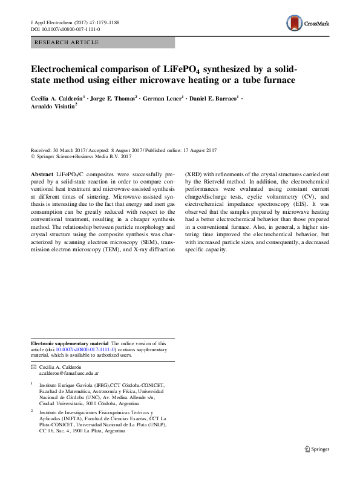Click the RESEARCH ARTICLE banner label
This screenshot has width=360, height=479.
[62, 43]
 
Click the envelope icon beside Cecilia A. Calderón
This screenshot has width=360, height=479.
[33, 368]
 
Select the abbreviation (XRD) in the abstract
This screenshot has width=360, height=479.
[195, 173]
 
